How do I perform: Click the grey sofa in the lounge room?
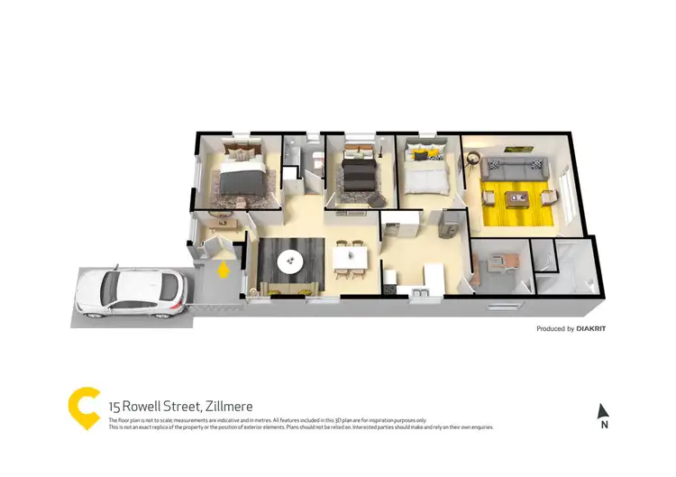[x=515, y=168]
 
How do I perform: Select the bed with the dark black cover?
[x=359, y=171]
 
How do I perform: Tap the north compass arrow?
[x=603, y=410]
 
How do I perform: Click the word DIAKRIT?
[x=591, y=329]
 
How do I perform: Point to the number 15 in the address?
[x=114, y=407]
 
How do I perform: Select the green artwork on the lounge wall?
[x=515, y=147]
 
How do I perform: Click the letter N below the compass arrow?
[x=604, y=425]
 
